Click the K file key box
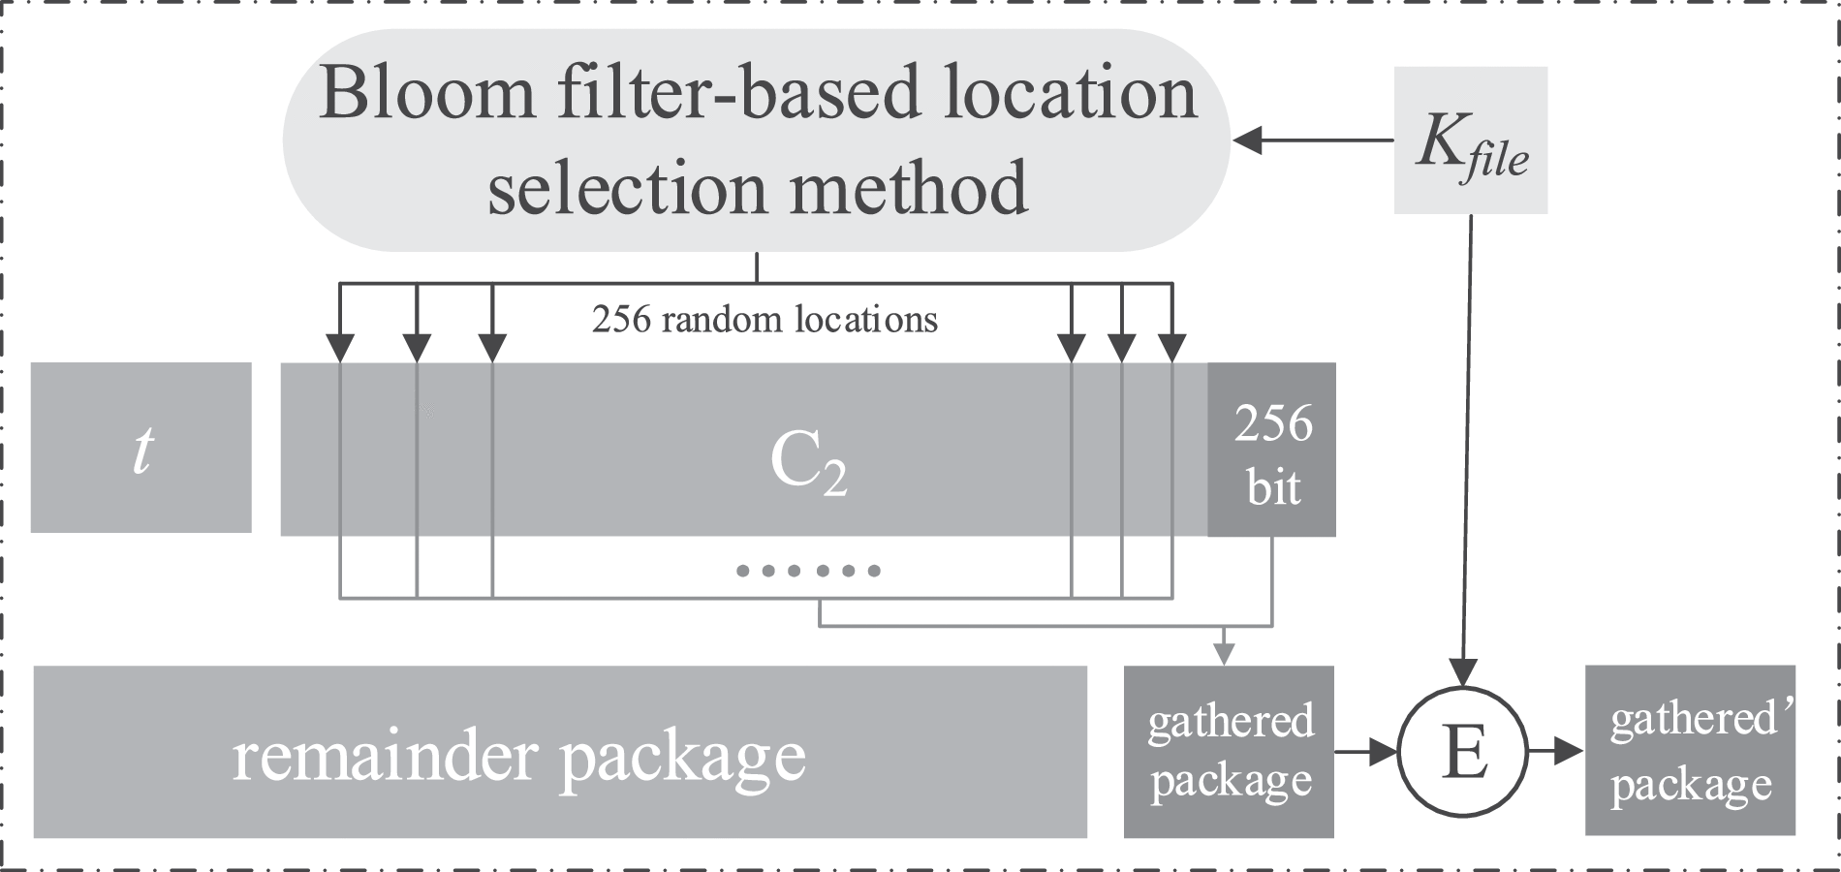[1470, 140]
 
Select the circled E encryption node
[1464, 751]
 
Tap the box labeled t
[141, 448]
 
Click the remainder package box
[560, 752]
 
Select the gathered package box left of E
[1229, 752]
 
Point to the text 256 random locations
[764, 320]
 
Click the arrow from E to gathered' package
[1555, 751]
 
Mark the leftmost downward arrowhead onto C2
[340, 346]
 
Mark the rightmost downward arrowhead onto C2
[1172, 346]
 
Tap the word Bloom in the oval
[426, 94]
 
